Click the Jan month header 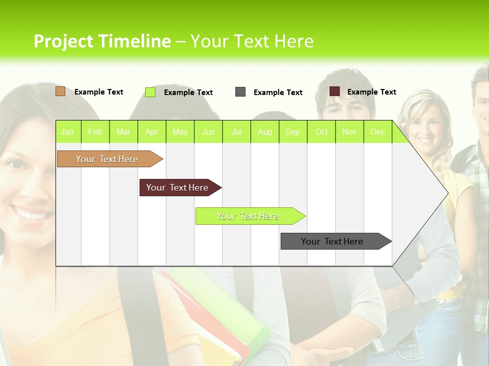67,132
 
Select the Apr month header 152,132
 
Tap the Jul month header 236,132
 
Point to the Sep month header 292,132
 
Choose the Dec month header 377,132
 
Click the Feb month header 95,132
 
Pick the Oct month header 321,132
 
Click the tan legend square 61,91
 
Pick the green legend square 150,92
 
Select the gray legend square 240,92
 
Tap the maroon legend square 335,91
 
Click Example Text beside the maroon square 371,92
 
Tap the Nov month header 349,132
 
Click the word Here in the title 294,41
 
